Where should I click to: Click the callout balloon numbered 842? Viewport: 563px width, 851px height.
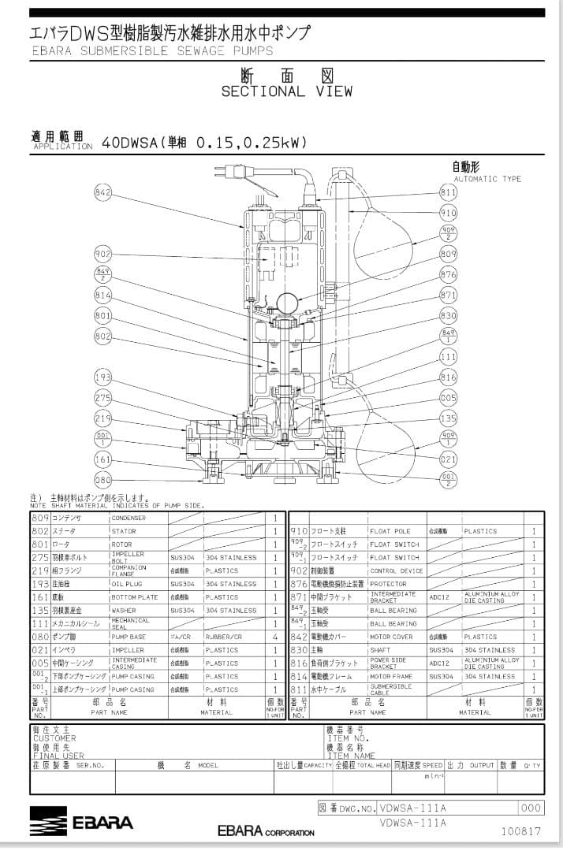(x=103, y=192)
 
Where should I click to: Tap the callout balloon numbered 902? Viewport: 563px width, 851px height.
(x=103, y=254)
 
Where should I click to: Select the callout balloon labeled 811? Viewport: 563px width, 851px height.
(x=448, y=192)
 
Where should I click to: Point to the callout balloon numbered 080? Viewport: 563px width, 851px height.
(x=103, y=479)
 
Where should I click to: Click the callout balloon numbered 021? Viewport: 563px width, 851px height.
(x=448, y=459)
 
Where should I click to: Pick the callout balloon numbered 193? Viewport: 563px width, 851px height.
(x=103, y=377)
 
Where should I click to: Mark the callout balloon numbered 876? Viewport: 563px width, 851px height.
(x=448, y=274)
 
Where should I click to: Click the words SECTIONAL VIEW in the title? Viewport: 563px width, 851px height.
(x=286, y=91)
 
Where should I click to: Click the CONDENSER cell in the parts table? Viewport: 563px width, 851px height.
(x=128, y=518)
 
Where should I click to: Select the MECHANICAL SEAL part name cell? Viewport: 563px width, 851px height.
(x=130, y=624)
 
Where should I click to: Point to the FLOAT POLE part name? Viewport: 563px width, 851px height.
(x=390, y=532)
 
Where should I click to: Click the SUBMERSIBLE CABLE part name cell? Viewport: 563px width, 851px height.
(x=390, y=689)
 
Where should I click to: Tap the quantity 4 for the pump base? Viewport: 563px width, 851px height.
(x=275, y=637)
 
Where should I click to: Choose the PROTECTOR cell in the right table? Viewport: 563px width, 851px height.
(x=389, y=585)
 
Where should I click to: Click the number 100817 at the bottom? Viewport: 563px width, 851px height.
(x=520, y=831)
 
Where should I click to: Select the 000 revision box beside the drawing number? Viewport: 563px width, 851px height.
(x=531, y=808)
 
